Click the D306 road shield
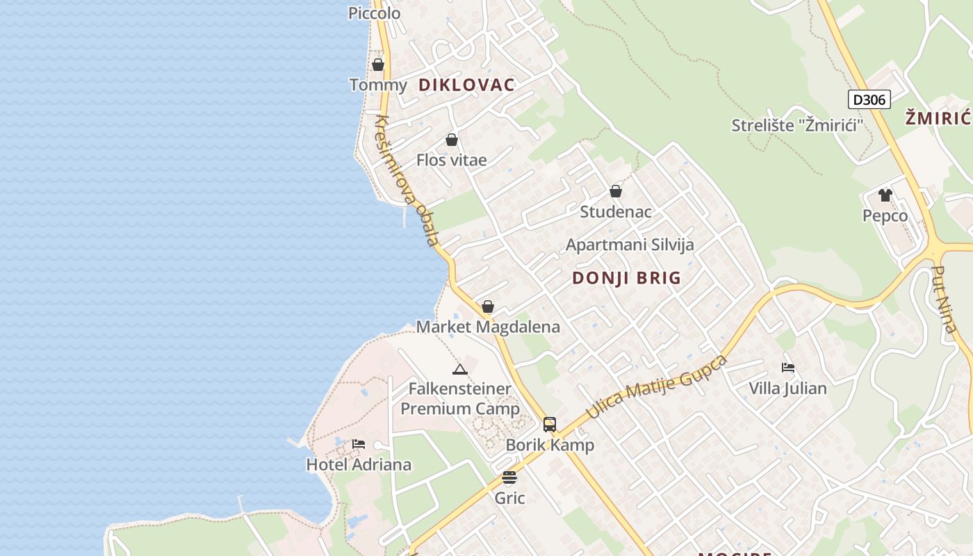(869, 99)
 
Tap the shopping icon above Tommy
(378, 65)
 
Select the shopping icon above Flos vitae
(452, 140)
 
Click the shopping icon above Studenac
(616, 191)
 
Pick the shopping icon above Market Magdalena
(488, 306)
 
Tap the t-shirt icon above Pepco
(885, 195)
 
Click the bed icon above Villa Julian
(787, 368)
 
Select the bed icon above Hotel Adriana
(359, 444)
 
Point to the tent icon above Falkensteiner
(459, 368)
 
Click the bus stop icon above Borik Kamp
(550, 424)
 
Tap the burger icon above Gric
(509, 477)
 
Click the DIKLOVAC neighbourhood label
(466, 85)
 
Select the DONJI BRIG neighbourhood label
(626, 278)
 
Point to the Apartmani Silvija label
(630, 245)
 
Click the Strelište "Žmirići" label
(797, 125)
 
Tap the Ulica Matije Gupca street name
(657, 386)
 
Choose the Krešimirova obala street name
(407, 181)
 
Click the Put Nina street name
(943, 299)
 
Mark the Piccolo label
(374, 13)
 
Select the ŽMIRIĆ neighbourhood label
(938, 118)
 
